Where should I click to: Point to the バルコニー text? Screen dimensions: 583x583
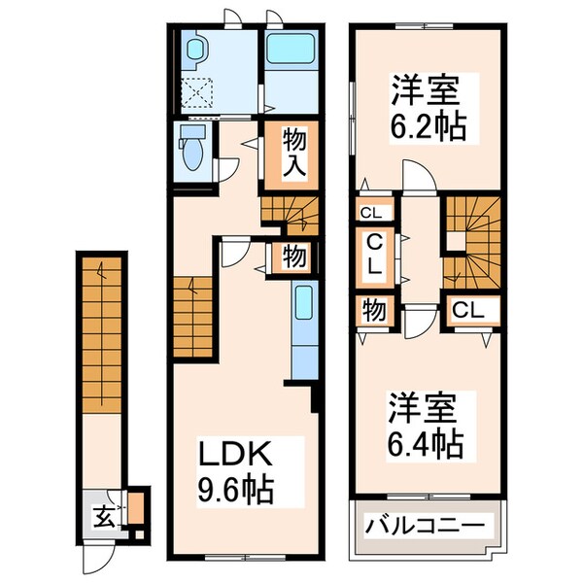coord(426,528)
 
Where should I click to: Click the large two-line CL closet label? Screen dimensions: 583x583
coord(375,256)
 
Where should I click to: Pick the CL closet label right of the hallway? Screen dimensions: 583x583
coord(470,311)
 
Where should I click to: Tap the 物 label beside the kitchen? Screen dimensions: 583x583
coord(295,257)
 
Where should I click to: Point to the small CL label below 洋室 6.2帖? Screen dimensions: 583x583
coord(372,213)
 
